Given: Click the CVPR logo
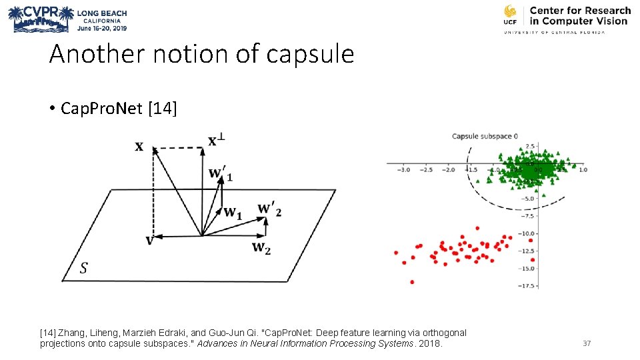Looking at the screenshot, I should tap(39, 19).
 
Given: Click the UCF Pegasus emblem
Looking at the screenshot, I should tap(510, 15).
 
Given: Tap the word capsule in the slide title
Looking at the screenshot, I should tap(310, 54).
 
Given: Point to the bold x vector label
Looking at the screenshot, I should tap(139, 146).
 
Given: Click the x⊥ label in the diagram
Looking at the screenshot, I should tap(216, 140).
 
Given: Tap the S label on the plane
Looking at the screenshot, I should tap(83, 269).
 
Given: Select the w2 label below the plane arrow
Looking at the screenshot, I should tap(261, 248).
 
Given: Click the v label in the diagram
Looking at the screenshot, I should tap(149, 241).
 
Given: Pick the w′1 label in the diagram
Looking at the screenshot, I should tap(221, 174).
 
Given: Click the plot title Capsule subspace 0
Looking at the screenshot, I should tap(485, 136).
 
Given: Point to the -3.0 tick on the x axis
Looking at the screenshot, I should tap(403, 170).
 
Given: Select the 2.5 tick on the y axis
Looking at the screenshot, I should tap(531, 146).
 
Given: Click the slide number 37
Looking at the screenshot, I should tap(587, 343).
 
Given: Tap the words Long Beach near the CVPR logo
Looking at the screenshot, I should tap(102, 13).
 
